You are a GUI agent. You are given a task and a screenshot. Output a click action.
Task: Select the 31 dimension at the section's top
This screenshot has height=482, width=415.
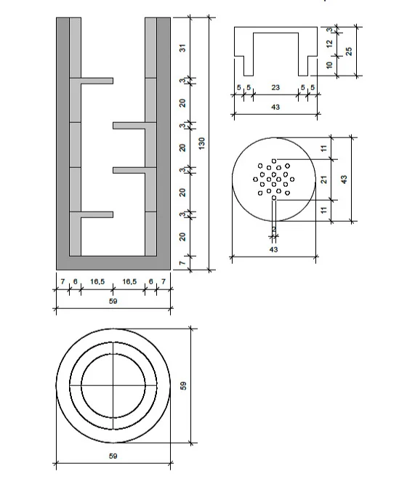[184, 48]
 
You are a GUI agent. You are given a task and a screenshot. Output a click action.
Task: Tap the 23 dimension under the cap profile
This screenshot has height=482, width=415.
[275, 88]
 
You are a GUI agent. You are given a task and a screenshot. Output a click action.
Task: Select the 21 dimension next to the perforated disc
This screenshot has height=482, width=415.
[324, 179]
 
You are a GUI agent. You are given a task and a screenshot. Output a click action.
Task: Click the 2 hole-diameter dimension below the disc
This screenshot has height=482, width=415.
[273, 230]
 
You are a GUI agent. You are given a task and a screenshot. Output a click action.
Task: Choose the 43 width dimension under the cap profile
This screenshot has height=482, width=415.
[275, 107]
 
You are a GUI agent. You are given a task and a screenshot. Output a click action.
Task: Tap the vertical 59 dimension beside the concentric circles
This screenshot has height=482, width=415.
[184, 385]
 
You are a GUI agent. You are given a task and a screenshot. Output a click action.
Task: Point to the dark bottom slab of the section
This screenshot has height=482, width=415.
[113, 262]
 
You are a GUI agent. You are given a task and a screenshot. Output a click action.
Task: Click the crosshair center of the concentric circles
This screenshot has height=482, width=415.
[113, 384]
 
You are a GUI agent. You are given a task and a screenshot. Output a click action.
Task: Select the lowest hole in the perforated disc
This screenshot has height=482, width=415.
[273, 198]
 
